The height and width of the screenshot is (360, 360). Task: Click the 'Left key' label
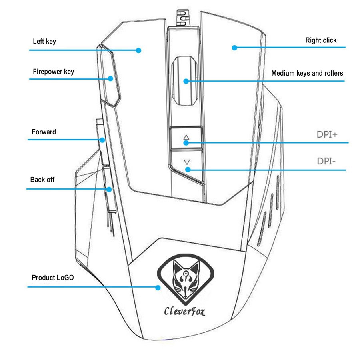pos(44,41)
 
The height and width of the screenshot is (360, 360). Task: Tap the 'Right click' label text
pos(321,40)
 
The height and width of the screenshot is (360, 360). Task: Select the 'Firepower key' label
pos(53,72)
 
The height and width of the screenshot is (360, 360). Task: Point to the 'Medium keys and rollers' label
pos(307,73)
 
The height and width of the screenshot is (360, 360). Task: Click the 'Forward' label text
pos(44,132)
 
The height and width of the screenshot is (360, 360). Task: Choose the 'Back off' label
pos(42,179)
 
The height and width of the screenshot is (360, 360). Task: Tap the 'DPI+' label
pos(327,134)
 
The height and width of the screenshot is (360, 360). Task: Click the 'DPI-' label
pos(326,161)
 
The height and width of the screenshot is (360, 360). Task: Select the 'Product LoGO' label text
pos(53,278)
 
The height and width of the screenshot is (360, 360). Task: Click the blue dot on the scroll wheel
pos(186,81)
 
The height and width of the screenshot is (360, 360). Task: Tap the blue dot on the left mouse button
pos(138,50)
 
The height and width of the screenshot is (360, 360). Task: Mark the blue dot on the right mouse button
pos(234,48)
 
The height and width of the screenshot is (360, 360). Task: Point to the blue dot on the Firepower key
pos(110,78)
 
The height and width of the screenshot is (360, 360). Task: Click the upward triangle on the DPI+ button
pos(186,137)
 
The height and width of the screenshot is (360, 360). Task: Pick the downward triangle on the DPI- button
pos(187,162)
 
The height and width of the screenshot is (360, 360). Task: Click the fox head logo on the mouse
pos(186,280)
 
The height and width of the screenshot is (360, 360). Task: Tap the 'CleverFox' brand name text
pos(184,311)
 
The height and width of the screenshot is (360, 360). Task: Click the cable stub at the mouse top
pos(183,18)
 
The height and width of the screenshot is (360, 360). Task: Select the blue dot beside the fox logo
pos(158,288)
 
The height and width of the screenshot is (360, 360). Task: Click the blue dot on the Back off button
pos(109,190)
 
